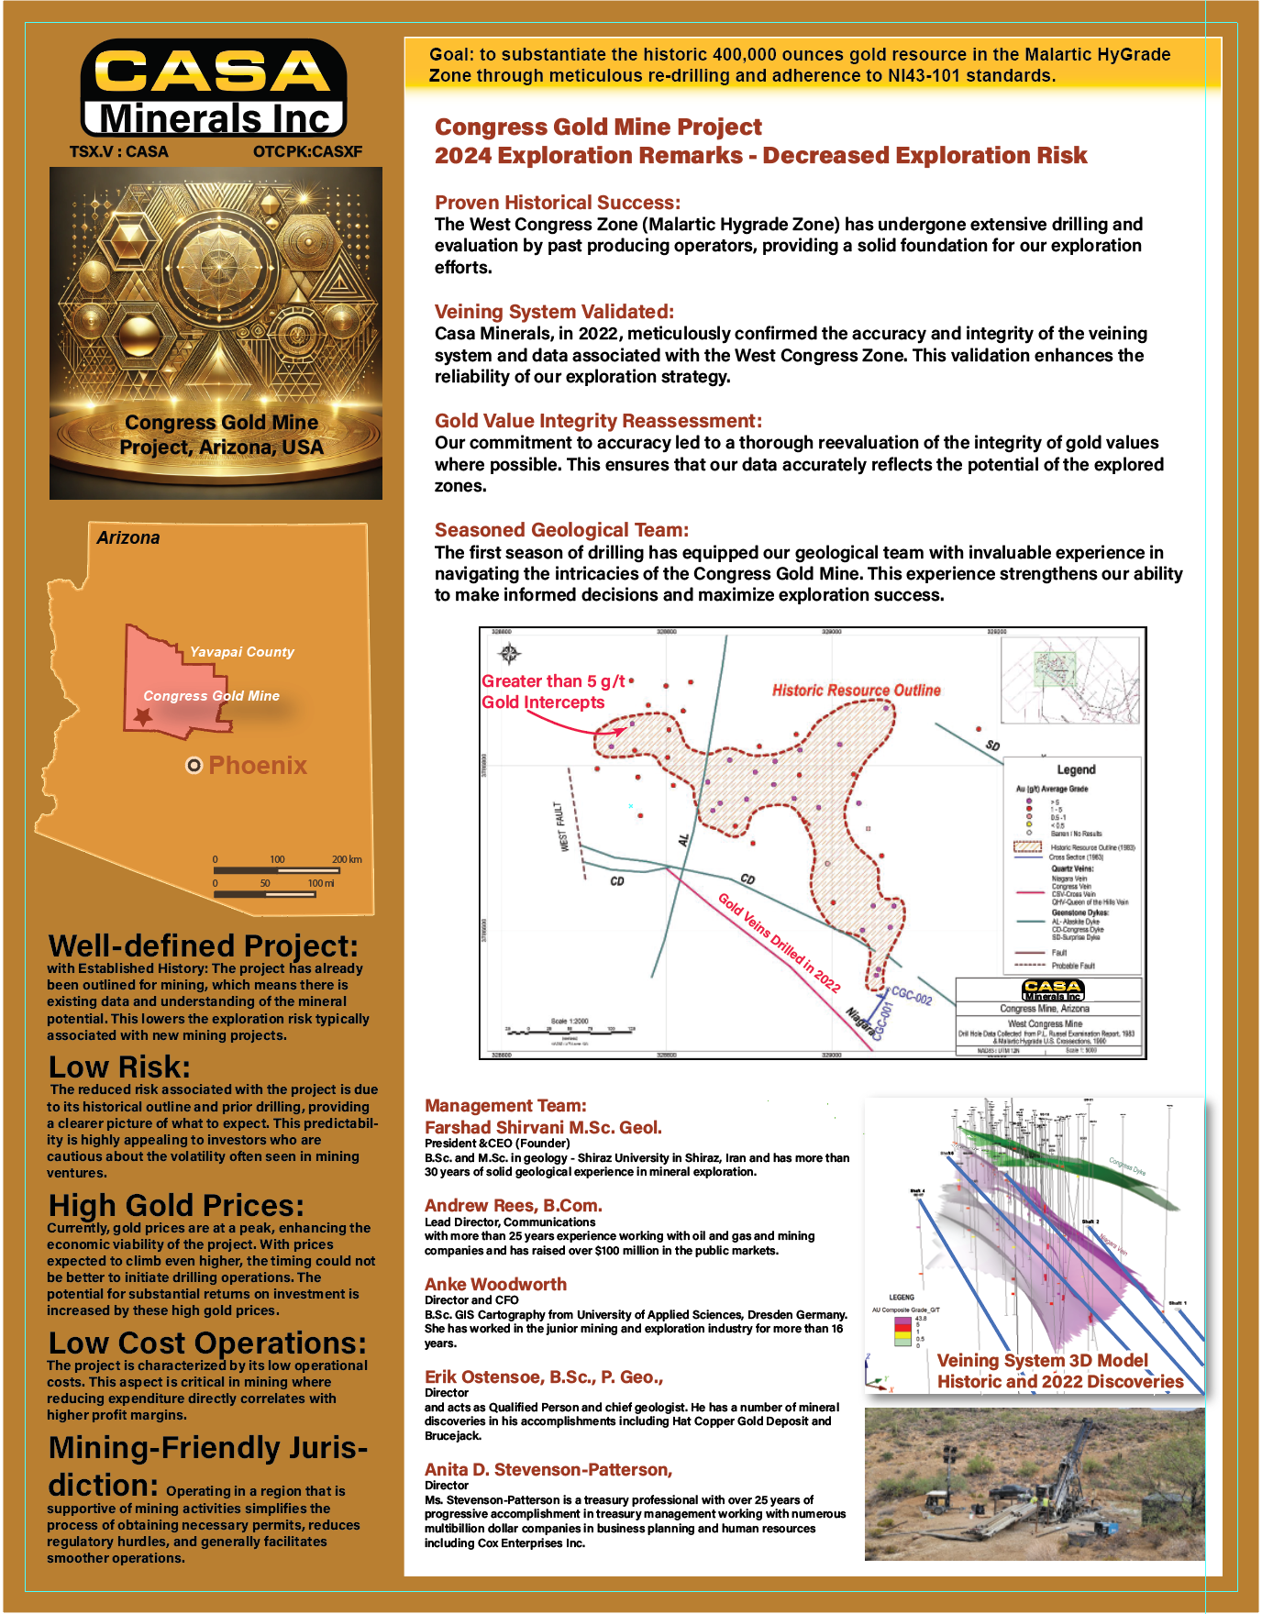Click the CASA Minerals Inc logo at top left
214,89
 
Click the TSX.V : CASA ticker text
119,151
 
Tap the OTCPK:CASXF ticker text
307,151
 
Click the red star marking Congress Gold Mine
142,716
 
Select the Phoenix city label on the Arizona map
258,766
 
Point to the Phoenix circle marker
194,766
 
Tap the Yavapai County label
242,652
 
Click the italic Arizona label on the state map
128,538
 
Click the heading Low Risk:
119,1067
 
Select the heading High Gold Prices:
176,1205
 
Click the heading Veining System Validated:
554,312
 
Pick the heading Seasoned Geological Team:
561,530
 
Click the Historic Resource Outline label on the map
856,691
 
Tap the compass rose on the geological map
510,653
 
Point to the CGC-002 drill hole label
912,996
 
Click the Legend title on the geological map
1076,770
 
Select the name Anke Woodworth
495,1285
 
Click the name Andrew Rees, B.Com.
513,1206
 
